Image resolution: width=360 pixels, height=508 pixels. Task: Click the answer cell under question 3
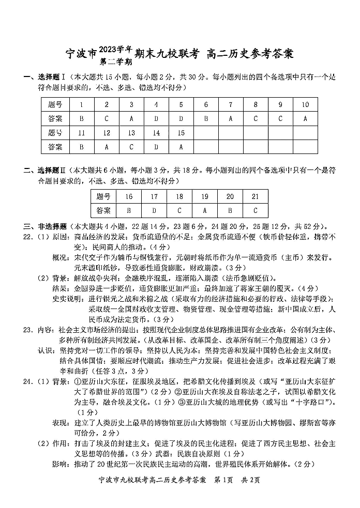(131, 118)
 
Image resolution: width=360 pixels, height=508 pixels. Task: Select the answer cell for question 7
(231, 118)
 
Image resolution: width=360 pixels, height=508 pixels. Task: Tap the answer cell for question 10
(305, 118)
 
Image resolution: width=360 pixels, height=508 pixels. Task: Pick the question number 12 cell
(107, 133)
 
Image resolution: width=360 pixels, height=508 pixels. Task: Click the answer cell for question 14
(156, 147)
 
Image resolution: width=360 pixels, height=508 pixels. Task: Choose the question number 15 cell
(181, 133)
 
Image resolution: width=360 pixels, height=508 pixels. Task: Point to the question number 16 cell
(129, 197)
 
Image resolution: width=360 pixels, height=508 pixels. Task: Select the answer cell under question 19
(205, 211)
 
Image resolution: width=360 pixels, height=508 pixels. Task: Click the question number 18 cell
(179, 197)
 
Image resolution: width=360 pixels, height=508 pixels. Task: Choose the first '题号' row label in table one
(55, 104)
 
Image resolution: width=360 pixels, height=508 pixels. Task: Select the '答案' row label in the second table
(103, 211)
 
